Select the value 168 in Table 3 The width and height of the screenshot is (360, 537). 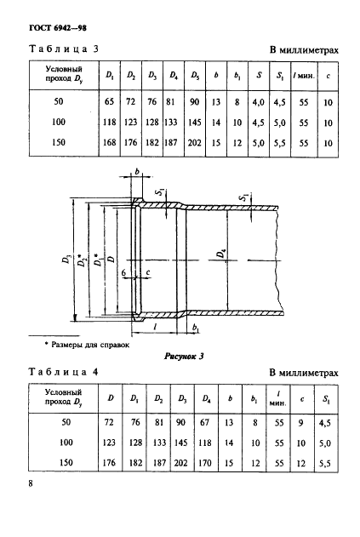point(109,144)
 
